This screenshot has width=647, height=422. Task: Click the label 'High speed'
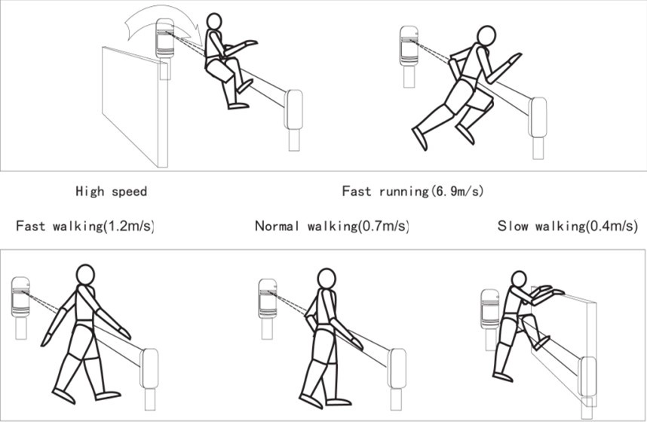coord(112,191)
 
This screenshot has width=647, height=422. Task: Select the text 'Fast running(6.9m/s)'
coord(412,191)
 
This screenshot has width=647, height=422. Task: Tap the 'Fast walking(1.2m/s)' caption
coord(85,226)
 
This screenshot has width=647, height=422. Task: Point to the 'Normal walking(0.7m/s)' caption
coord(332,226)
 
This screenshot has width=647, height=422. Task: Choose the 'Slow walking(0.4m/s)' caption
coord(567,226)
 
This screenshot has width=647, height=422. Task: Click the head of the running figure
coord(486,35)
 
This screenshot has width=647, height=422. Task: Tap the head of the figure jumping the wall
coord(213,21)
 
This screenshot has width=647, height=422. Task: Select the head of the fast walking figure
coord(85,275)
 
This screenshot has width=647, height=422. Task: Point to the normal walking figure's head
coord(327,279)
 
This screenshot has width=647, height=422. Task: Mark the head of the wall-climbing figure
coord(519,279)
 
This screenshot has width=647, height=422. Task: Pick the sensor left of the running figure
coord(409,46)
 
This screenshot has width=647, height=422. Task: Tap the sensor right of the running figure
coord(538,117)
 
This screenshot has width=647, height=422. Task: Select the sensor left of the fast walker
coord(20,297)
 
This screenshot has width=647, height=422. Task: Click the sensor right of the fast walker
coord(149,368)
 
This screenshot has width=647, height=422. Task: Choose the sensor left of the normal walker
coord(268,299)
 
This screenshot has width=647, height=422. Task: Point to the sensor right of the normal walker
coord(396,368)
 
